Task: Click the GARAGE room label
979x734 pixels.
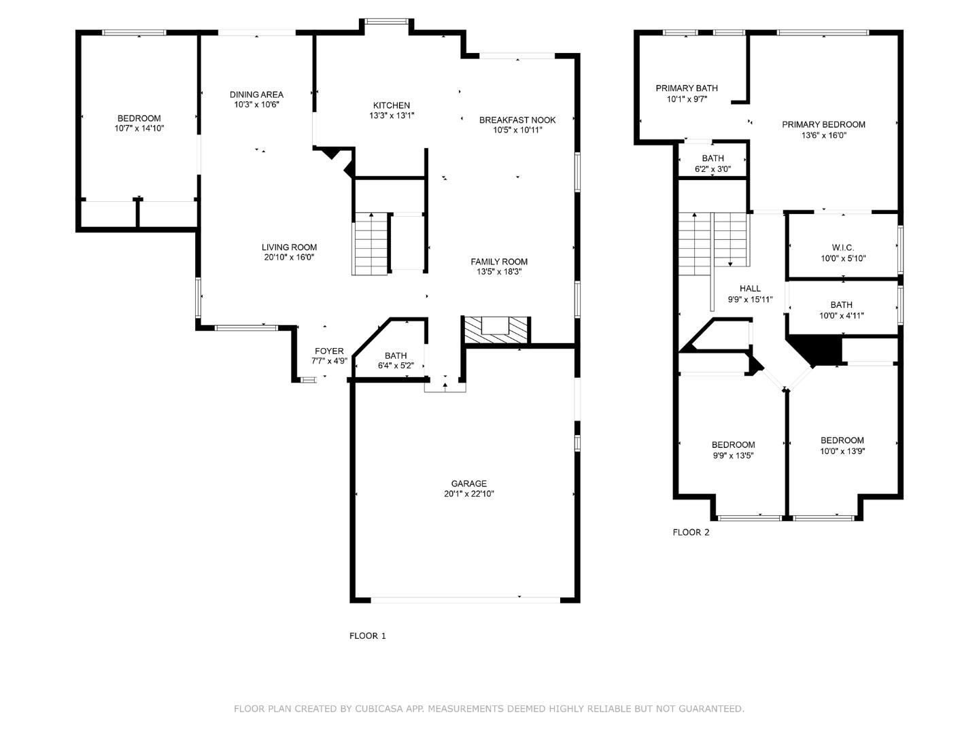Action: (468, 483)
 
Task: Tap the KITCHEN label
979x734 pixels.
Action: (391, 105)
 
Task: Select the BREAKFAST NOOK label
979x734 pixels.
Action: (517, 120)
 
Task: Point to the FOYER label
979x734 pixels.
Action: (329, 351)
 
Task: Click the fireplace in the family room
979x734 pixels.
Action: (496, 330)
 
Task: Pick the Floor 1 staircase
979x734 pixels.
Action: (370, 244)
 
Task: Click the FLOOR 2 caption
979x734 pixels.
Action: (691, 532)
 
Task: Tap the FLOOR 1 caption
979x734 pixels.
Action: (368, 636)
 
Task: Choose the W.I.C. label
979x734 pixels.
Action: (843, 248)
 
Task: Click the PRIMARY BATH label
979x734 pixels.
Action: (687, 88)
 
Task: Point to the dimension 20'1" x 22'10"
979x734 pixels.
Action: (468, 494)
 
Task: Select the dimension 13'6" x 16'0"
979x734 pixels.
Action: (824, 135)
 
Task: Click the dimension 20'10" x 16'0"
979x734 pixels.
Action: (289, 257)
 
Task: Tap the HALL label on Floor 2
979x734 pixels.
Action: (750, 288)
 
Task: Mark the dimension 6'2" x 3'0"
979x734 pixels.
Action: (712, 169)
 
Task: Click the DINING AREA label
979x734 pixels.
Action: (256, 94)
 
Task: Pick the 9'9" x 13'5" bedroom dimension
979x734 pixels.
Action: (734, 455)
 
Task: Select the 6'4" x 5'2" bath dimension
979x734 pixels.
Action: (396, 366)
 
